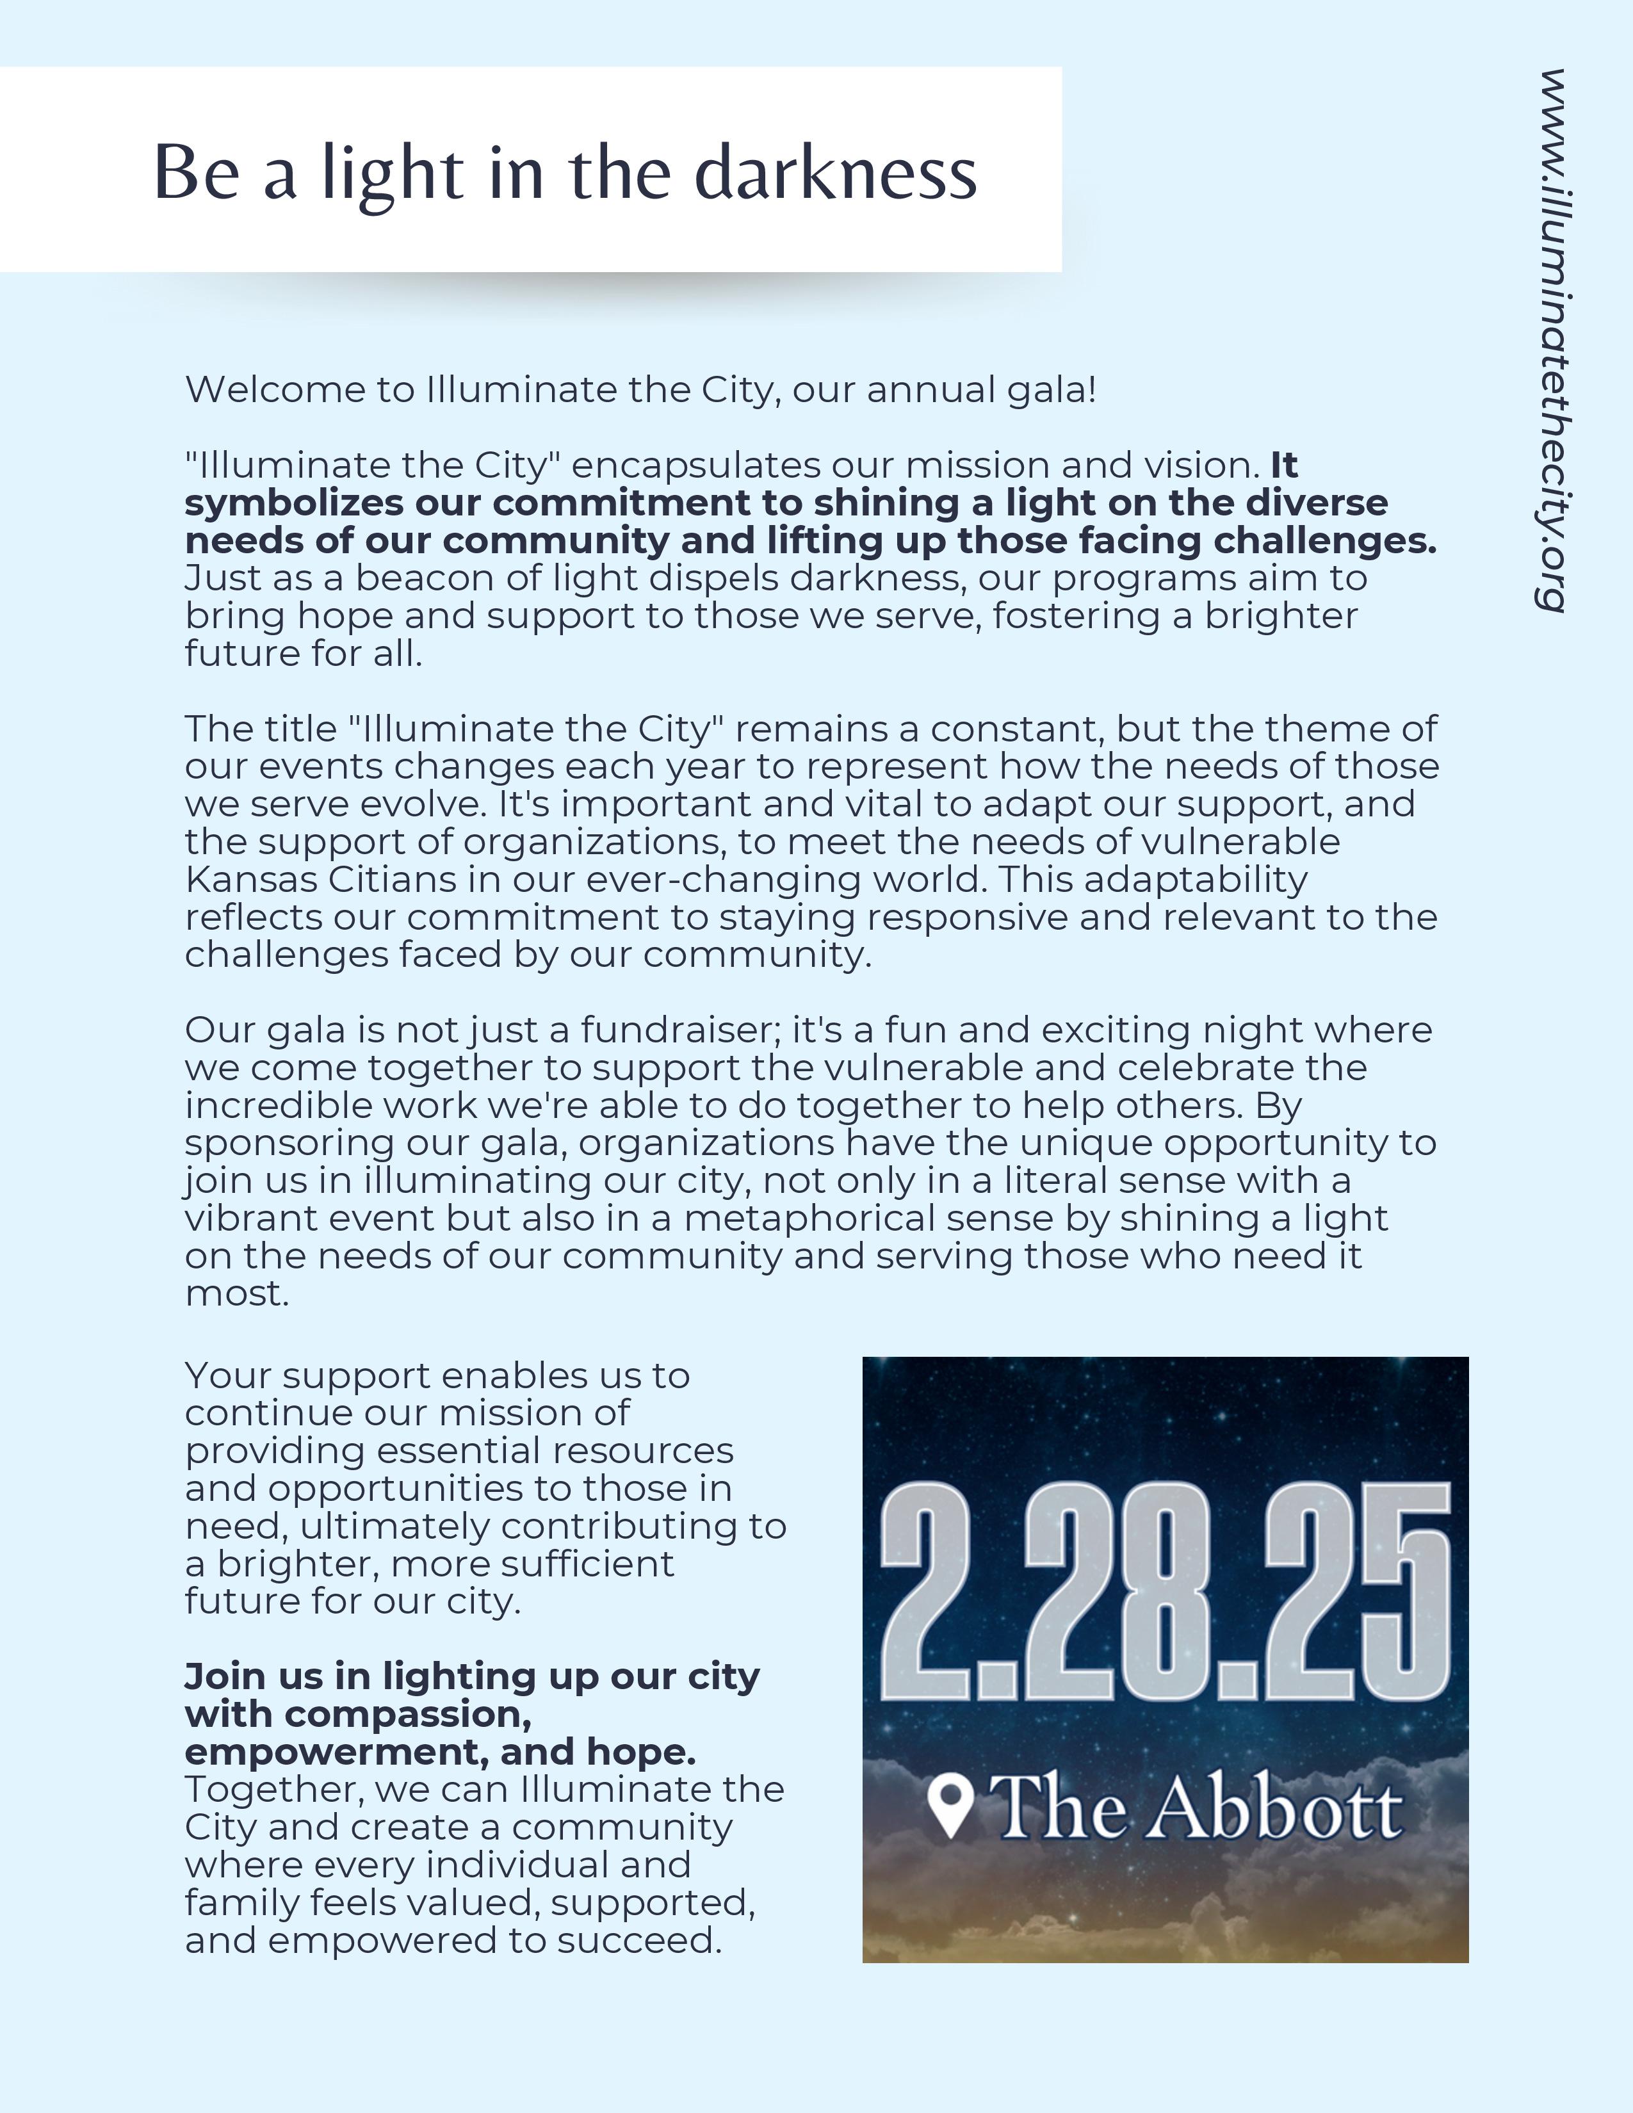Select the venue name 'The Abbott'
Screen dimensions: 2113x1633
(x=1198, y=1808)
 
